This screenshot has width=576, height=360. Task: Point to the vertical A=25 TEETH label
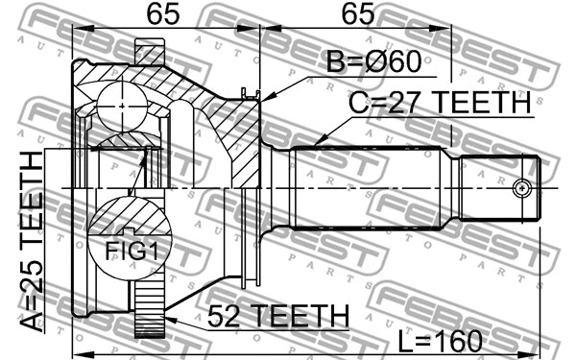32,240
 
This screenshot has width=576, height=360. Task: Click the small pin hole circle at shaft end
522,187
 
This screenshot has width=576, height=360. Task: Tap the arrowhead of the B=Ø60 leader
264,97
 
